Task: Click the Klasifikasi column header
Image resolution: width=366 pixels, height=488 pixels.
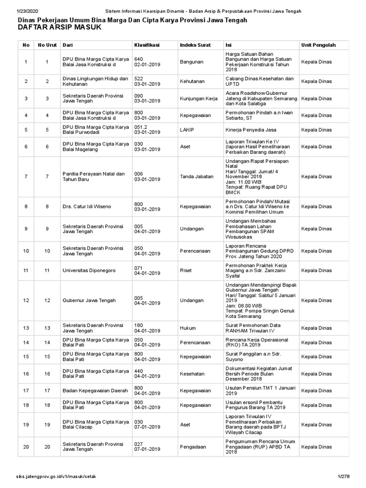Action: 146,45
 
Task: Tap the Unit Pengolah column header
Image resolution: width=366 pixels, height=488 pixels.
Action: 318,45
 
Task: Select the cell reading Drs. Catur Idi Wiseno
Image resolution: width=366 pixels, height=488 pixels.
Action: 86,207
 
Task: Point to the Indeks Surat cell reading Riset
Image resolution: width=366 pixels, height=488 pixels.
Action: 186,270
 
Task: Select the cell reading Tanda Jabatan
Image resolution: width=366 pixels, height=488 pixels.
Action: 197,176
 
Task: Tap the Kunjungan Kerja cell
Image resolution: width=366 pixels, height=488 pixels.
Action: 199,99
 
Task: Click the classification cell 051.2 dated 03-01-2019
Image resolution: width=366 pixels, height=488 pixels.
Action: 148,130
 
